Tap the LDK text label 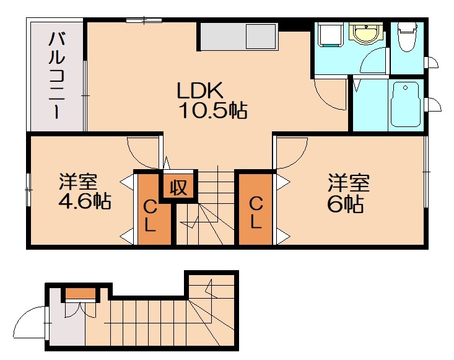coord(199,91)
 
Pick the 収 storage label coord(179,187)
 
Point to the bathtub coord(406,104)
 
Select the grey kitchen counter coord(238,37)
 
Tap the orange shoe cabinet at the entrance coord(80,293)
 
